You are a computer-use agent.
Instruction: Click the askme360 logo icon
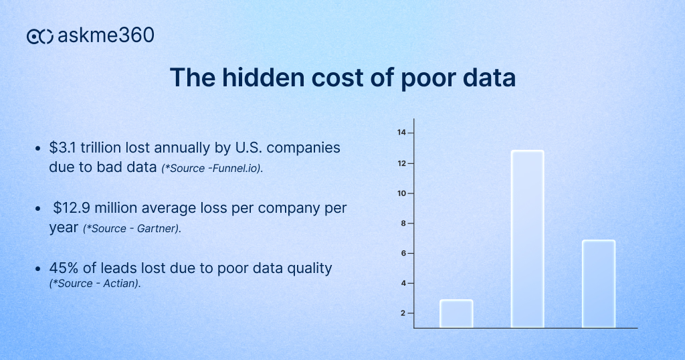click(39, 36)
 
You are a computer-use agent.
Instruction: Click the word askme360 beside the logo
click(106, 35)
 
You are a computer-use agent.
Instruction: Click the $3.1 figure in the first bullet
click(62, 148)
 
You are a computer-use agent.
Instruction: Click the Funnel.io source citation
click(212, 168)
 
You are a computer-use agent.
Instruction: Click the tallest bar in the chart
click(527, 239)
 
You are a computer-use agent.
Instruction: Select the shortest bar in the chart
click(456, 314)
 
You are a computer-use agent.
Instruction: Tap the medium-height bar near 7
click(599, 284)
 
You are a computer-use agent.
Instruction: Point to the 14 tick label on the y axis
click(401, 132)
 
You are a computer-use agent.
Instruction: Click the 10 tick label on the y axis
click(401, 193)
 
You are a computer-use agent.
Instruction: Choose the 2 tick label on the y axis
click(403, 313)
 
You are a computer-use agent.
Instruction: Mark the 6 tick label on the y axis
click(403, 254)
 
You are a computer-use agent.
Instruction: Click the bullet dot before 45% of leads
click(38, 269)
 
